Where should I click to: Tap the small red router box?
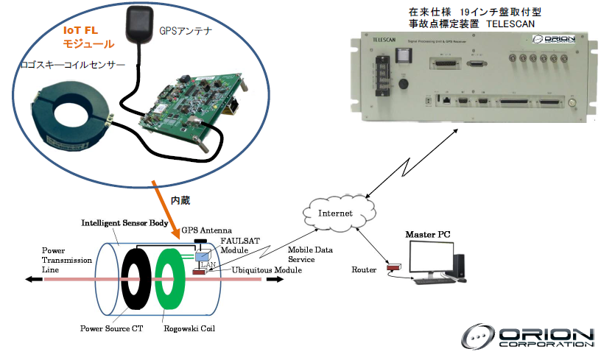[x=395, y=268]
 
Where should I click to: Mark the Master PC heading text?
[x=428, y=234]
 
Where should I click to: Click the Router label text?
[x=364, y=270]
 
